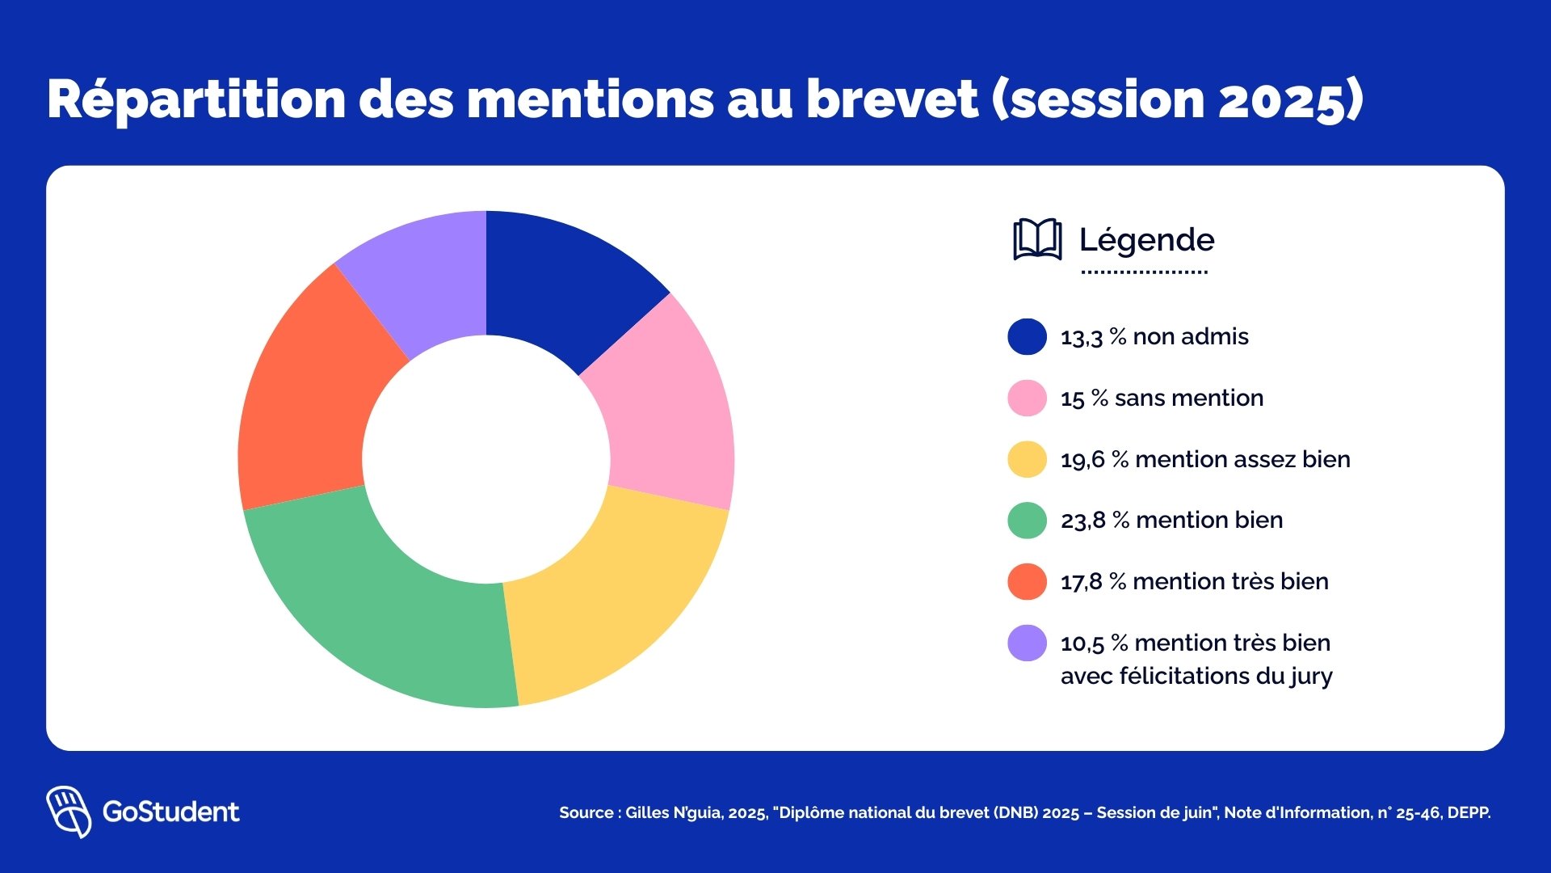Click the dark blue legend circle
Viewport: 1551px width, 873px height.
[x=1027, y=337]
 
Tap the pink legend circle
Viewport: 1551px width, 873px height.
[x=1027, y=399]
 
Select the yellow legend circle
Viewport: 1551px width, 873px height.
[x=1027, y=459]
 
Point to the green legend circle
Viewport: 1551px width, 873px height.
[x=1027, y=521]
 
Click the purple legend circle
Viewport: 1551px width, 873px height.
[x=1027, y=643]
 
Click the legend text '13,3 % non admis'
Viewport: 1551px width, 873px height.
[x=1154, y=337]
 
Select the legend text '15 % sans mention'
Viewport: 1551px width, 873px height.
[x=1162, y=399]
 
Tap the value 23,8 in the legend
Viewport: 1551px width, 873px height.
[x=1082, y=521]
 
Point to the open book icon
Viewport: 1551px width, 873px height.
[x=1037, y=239]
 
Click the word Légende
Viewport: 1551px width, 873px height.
[x=1146, y=240]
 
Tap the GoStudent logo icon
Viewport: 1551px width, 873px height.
[x=69, y=811]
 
